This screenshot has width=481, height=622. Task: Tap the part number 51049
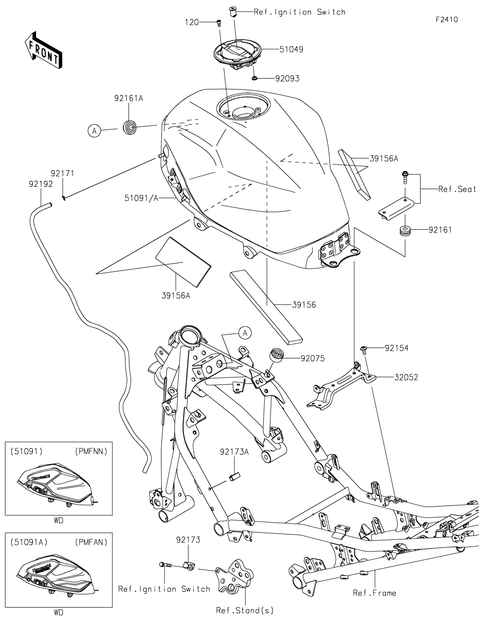(x=291, y=49)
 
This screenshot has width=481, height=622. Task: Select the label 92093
(x=287, y=79)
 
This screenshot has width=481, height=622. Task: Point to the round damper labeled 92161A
(x=129, y=127)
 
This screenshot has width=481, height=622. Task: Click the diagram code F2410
(x=447, y=19)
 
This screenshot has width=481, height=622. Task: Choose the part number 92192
(x=41, y=184)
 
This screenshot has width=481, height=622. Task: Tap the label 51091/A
(x=141, y=198)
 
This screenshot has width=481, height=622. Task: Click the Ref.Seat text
(x=457, y=189)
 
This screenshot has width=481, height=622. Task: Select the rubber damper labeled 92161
(x=405, y=231)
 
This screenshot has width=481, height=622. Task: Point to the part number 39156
(x=304, y=305)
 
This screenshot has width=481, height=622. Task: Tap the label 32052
(x=406, y=377)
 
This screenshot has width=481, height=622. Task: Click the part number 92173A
(x=234, y=452)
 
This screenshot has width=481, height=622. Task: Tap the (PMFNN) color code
(x=91, y=451)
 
